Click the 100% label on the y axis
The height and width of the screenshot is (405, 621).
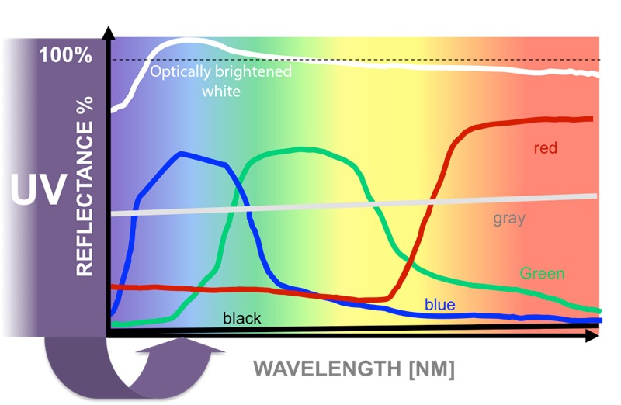(x=66, y=56)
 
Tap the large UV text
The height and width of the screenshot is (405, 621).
(x=37, y=191)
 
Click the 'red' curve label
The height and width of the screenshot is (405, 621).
(x=546, y=147)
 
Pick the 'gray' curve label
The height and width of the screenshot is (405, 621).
(x=508, y=217)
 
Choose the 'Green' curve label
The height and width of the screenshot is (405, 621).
(x=542, y=273)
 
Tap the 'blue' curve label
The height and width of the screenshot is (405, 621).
(x=439, y=305)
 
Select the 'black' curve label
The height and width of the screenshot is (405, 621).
(x=241, y=318)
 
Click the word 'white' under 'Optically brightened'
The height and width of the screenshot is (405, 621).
(x=221, y=91)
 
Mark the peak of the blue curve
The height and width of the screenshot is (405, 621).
(x=182, y=154)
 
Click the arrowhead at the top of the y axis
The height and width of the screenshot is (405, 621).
(x=109, y=33)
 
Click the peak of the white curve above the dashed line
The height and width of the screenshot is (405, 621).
(x=189, y=39)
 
